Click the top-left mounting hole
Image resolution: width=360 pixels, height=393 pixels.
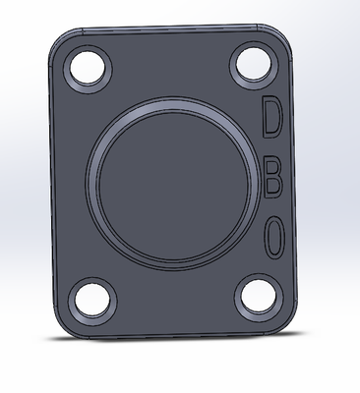tap(88, 68)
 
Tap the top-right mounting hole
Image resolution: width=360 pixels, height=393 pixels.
tap(254, 65)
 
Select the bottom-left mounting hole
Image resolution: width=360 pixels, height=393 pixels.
tap(92, 300)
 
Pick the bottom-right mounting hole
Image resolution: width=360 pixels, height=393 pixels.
tap(259, 296)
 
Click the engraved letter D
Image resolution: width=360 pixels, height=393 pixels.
tap(272, 117)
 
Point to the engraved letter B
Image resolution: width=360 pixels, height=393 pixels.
tap(272, 180)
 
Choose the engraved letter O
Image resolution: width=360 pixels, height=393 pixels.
tap(274, 238)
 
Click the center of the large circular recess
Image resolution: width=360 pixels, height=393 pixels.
tap(173, 185)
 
